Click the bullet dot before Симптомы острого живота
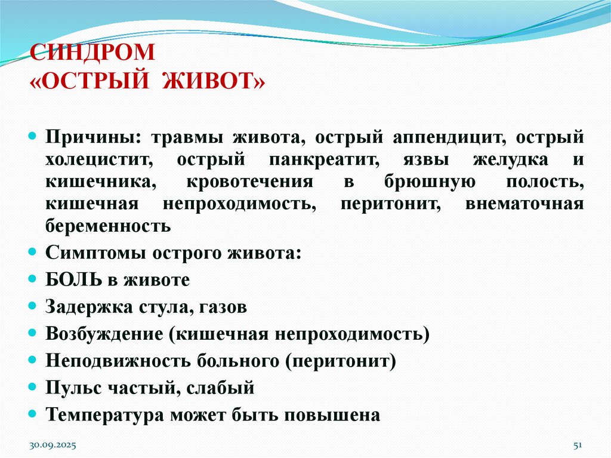point(33,253)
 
